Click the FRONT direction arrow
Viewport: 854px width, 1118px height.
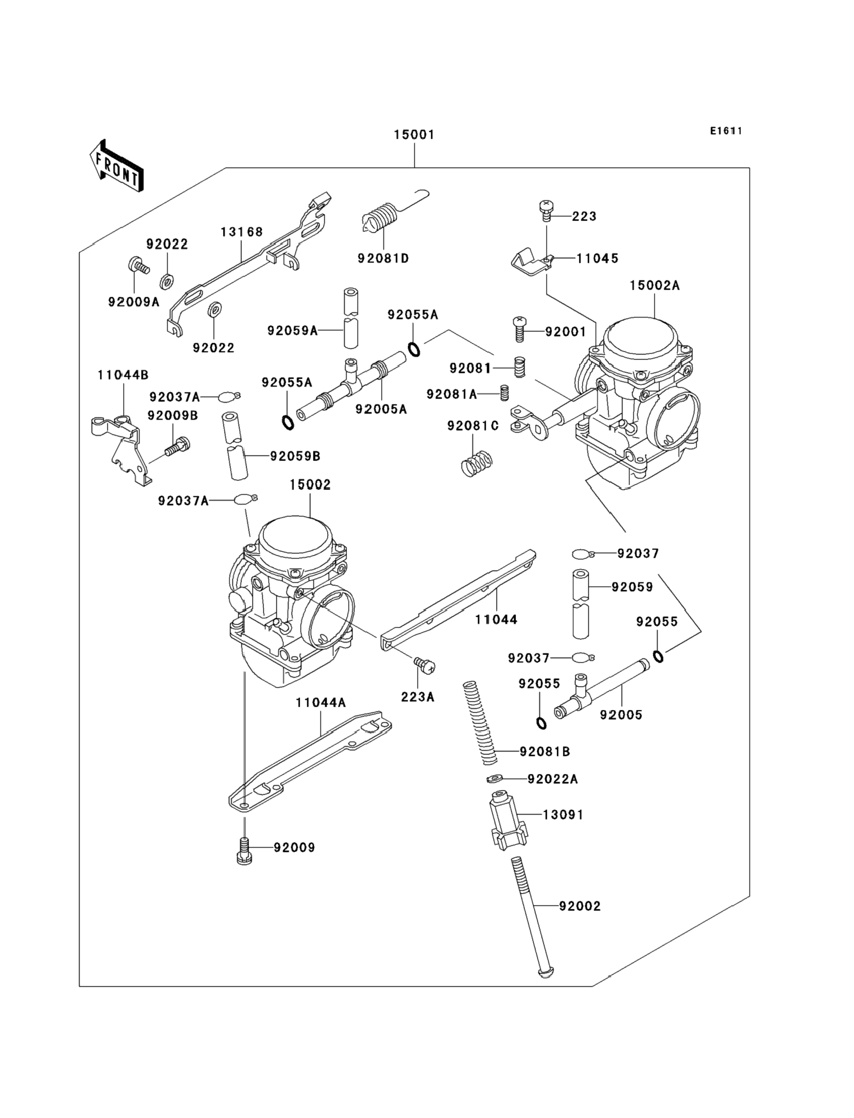coord(116,167)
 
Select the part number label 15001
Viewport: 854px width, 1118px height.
coord(414,135)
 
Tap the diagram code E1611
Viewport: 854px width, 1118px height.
coord(726,131)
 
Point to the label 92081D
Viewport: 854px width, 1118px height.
coord(383,258)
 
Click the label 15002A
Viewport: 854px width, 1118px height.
coord(654,285)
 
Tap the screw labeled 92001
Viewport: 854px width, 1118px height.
coord(519,330)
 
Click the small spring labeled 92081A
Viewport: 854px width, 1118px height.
coord(504,393)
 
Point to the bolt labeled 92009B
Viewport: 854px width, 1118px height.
coord(177,447)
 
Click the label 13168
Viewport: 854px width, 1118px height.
coord(241,232)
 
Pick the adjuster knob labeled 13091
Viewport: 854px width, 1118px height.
coord(507,821)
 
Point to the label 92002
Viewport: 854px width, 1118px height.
coord(580,905)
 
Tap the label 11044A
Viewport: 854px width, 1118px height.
coord(321,703)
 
